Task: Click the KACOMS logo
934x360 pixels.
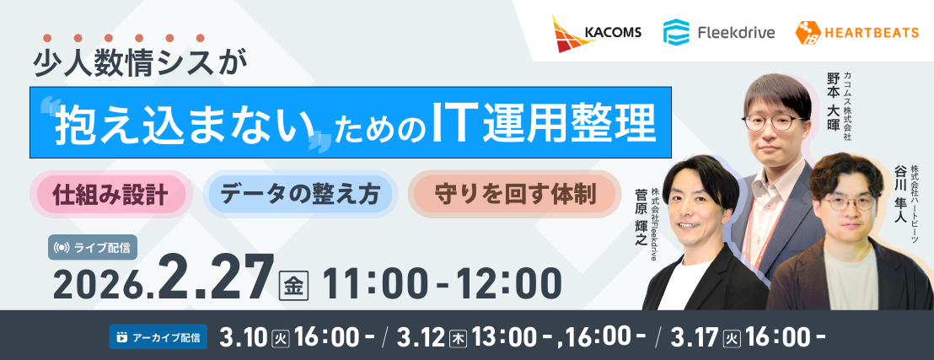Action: click(596, 34)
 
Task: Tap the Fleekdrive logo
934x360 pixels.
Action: click(719, 32)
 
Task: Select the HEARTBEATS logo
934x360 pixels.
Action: click(856, 32)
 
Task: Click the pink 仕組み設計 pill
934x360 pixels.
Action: click(110, 195)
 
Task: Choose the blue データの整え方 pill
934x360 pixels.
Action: click(300, 195)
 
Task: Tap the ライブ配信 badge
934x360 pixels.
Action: click(93, 248)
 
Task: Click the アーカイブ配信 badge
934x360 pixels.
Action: click(158, 336)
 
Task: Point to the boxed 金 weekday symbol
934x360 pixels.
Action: click(293, 285)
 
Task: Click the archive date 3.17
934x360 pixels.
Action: click(695, 337)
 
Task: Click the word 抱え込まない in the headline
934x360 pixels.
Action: click(184, 125)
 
